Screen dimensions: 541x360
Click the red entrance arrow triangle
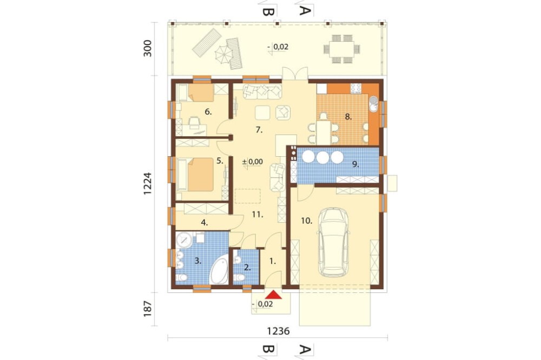pyautogui.click(x=274, y=295)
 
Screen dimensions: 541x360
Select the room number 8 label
pyautogui.click(x=348, y=117)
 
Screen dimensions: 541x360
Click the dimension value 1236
pyautogui.click(x=278, y=331)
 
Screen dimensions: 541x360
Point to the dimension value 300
pyautogui.click(x=148, y=49)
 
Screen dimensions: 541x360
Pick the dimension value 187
pyautogui.click(x=148, y=309)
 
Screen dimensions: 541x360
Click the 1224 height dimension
pyautogui.click(x=148, y=183)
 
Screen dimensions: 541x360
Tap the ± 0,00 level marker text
pyautogui.click(x=252, y=162)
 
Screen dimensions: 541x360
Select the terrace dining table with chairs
pyautogui.click(x=341, y=49)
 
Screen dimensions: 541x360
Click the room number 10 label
pyautogui.click(x=306, y=221)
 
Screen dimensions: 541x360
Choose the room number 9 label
pyautogui.click(x=355, y=164)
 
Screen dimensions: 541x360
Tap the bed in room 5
pyautogui.click(x=195, y=174)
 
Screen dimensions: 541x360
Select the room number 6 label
pyautogui.click(x=208, y=112)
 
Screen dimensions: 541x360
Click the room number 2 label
pyautogui.click(x=247, y=267)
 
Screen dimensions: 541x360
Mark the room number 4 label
pyautogui.click(x=204, y=223)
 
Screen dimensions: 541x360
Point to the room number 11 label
pyautogui.click(x=258, y=215)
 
